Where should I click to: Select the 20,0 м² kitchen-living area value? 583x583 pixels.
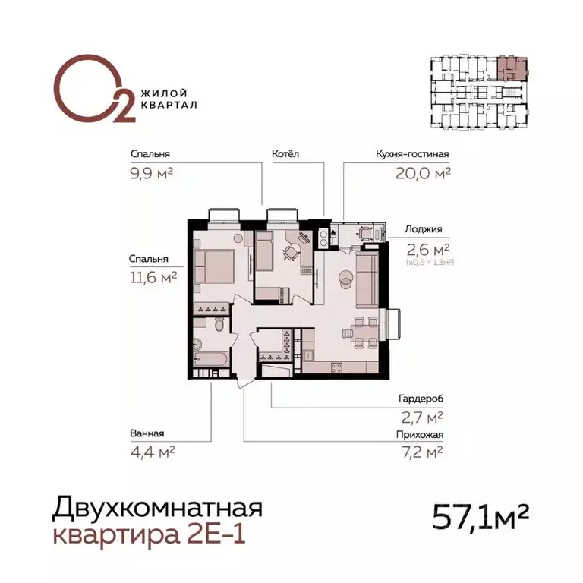423,173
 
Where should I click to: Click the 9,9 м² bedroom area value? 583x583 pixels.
152,173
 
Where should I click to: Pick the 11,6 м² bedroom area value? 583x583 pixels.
153,278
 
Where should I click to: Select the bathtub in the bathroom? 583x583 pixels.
208,356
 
